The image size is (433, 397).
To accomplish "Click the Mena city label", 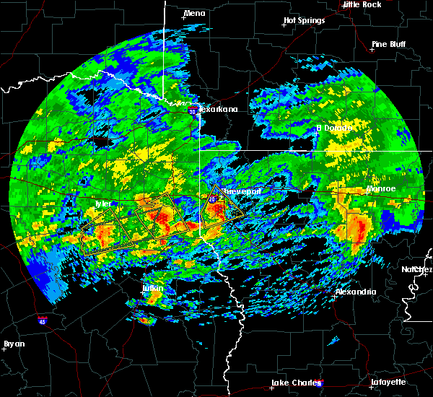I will [194, 13].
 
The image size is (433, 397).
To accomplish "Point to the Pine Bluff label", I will [388, 44].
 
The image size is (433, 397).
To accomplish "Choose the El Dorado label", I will [334, 128].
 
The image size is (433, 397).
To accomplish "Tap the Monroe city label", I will [381, 189].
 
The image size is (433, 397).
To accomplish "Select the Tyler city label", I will [104, 204].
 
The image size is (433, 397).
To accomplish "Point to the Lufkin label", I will [152, 289].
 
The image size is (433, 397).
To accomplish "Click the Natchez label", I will [417, 269].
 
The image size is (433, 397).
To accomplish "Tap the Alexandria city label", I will [356, 292].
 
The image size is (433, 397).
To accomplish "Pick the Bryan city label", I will [14, 344].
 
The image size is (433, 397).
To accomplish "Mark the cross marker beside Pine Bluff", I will [374, 51].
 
